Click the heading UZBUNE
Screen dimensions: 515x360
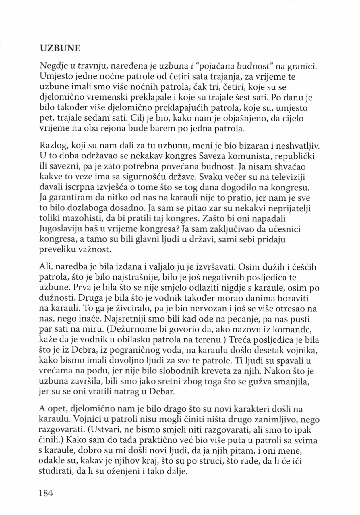point(60,48)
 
